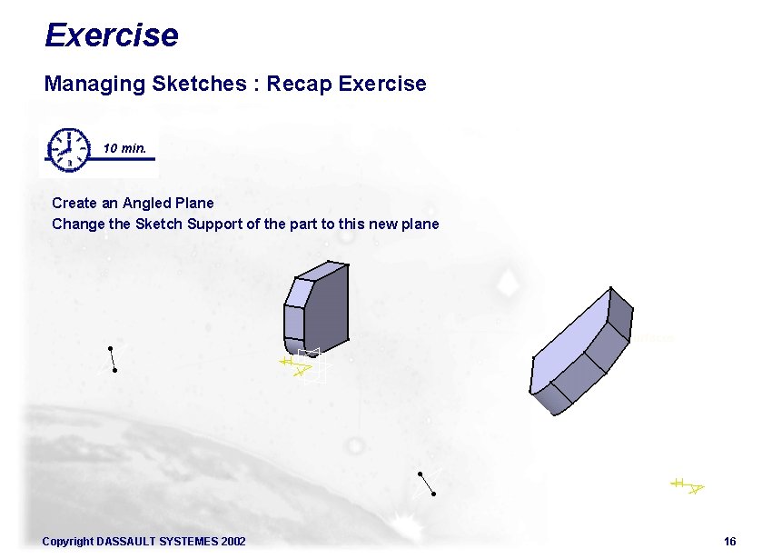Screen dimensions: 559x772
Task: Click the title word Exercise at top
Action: click(x=111, y=35)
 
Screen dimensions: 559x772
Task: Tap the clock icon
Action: click(x=69, y=148)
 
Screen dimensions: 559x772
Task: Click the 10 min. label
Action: click(x=124, y=147)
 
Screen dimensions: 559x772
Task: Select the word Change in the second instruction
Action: click(x=74, y=224)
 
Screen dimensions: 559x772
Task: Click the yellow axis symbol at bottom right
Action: click(x=688, y=486)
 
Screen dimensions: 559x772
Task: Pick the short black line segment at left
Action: click(x=112, y=359)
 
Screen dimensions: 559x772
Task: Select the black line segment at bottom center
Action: click(x=427, y=484)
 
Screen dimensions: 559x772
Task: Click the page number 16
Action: click(x=729, y=542)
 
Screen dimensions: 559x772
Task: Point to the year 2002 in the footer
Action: click(x=233, y=542)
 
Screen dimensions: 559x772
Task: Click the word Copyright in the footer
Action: click(x=67, y=542)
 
